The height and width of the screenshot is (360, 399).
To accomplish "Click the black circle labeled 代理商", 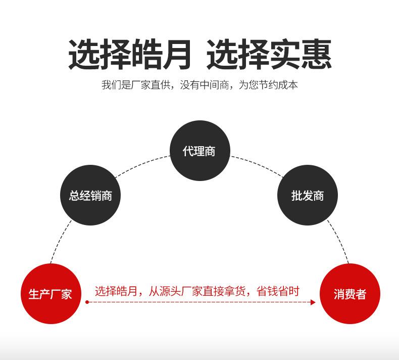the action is pos(200,151).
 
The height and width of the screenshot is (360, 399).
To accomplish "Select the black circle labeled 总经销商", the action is pos(90,195).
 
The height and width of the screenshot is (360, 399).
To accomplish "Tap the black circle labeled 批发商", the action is pos(308,195).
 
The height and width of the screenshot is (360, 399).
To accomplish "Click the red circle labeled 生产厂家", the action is pos(51,294).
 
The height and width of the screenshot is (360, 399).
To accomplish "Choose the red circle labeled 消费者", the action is pos(350,294).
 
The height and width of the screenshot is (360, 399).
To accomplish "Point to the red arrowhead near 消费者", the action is pos(313,302).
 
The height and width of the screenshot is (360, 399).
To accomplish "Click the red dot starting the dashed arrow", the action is pos(87,302).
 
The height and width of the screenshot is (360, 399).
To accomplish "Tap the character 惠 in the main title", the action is pos(317,54).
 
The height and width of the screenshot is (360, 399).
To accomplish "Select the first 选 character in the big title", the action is pos(84,54).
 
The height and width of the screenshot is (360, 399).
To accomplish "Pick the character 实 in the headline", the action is pos(285,54).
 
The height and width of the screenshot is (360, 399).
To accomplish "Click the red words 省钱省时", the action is pos(278,291).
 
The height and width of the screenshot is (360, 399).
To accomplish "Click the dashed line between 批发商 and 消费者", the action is pos(339,241).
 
